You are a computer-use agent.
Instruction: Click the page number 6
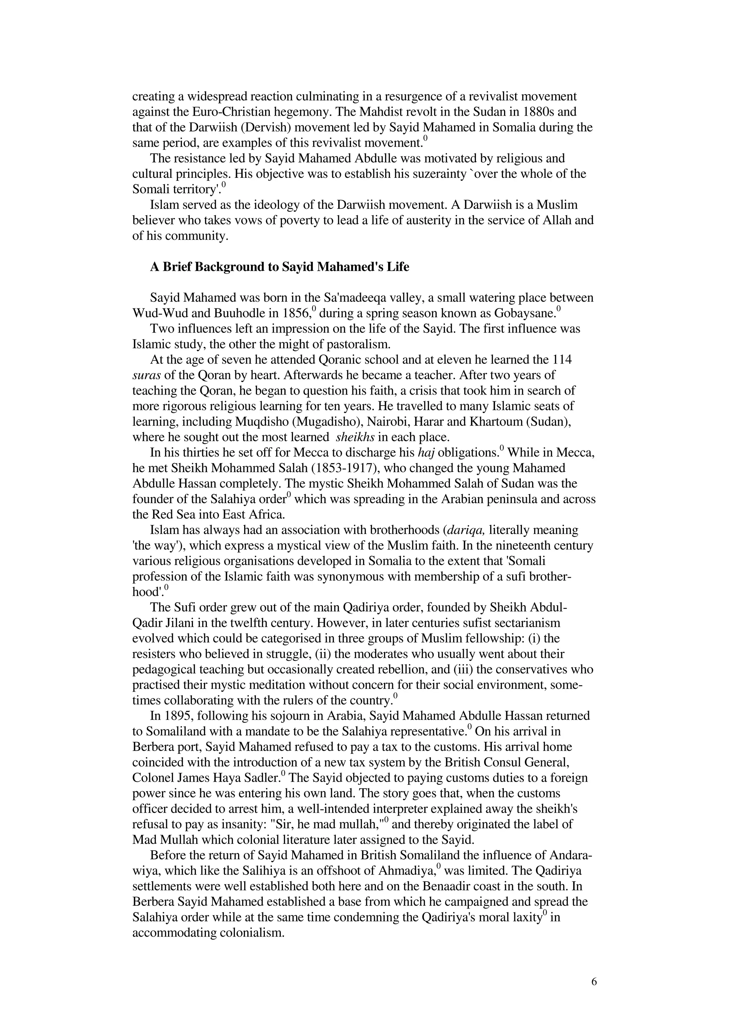[594, 982]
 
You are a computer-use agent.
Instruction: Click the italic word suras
[146, 375]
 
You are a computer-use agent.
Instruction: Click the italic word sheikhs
[355, 437]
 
